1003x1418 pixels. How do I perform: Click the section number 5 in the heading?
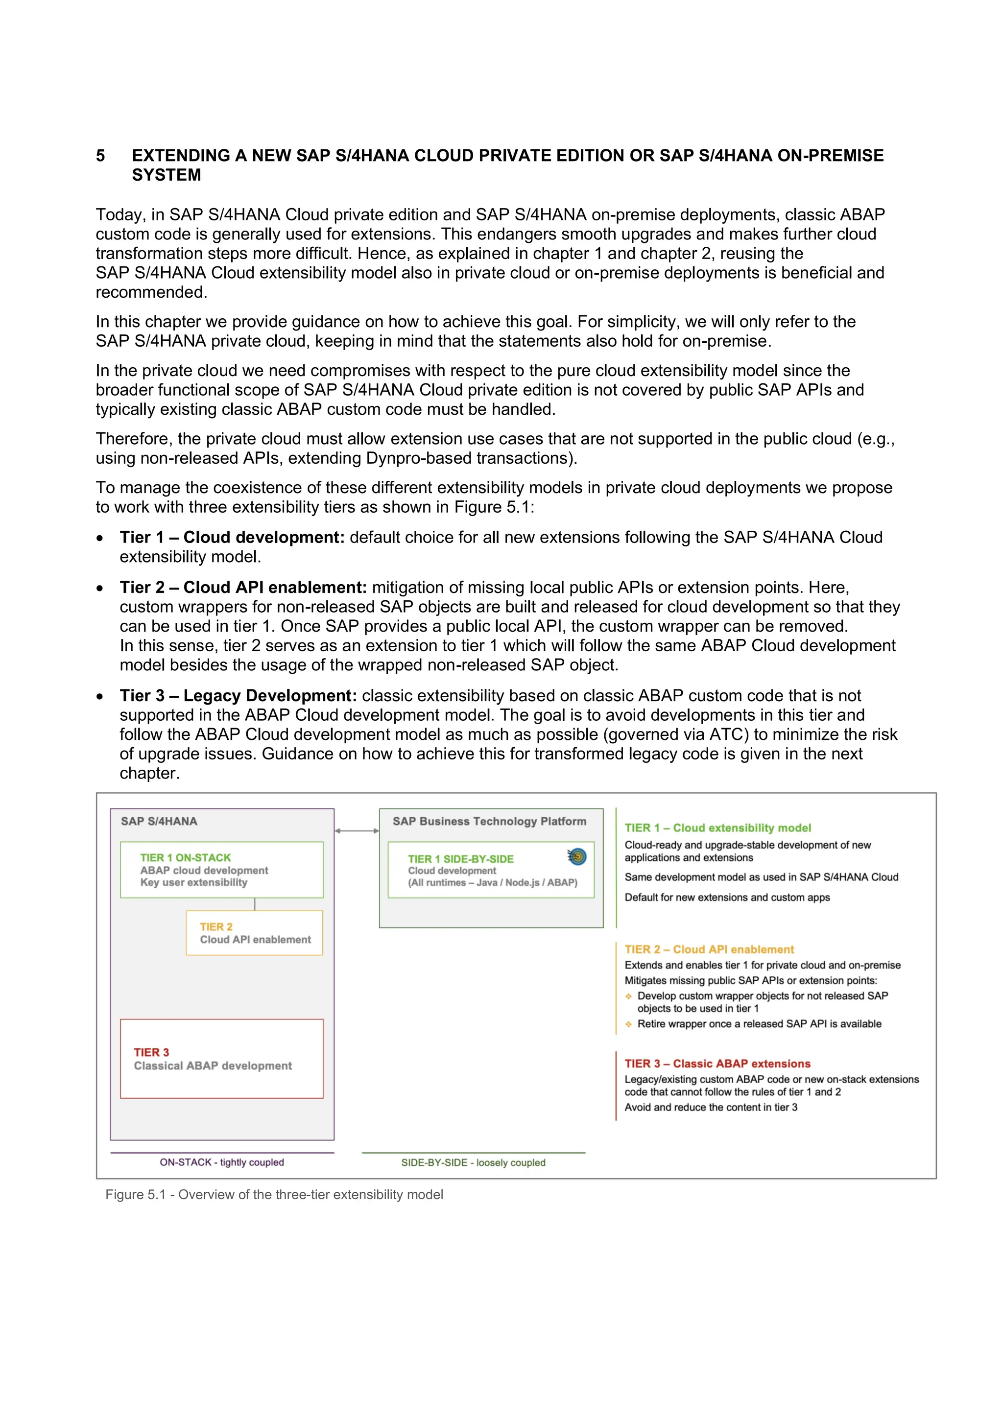100,156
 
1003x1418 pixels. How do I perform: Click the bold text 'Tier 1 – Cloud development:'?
232,537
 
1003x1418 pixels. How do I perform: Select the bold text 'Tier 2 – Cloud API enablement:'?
243,588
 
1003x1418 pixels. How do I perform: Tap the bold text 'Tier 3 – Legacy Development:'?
239,696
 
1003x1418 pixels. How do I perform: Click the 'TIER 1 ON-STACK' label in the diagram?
185,857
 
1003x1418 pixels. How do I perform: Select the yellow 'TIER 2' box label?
216,926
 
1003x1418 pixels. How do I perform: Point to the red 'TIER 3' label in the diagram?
151,1052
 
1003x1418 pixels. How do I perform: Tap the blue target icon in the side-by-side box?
577,856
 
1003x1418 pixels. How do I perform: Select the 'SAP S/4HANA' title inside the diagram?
159,822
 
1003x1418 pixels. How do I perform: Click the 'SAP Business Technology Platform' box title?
489,822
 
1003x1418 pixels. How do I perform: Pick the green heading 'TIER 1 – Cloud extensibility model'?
717,827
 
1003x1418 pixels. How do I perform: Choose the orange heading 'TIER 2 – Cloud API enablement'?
709,949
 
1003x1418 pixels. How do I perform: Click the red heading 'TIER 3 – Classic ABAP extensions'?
717,1063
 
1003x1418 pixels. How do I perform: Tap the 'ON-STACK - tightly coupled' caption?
222,1162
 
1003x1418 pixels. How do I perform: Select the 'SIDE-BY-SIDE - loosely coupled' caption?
473,1162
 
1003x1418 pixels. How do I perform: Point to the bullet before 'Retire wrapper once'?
628,1024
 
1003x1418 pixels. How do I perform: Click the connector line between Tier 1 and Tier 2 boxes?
255,904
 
